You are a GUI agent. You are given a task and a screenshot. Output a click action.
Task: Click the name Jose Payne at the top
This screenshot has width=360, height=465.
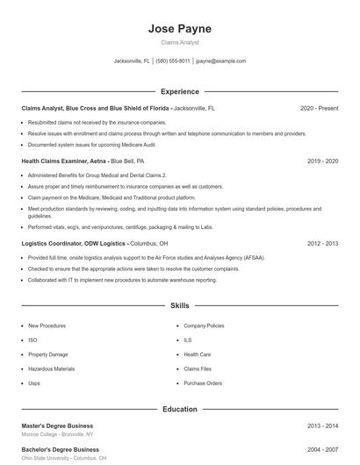[180, 29]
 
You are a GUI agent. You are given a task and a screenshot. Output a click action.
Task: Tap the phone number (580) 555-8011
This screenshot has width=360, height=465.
[174, 61]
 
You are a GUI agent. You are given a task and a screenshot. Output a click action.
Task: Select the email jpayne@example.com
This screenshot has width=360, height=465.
[220, 61]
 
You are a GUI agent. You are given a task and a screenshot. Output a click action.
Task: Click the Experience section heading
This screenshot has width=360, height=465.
[180, 91]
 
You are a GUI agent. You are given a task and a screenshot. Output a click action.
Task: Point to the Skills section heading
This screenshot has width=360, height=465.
[180, 306]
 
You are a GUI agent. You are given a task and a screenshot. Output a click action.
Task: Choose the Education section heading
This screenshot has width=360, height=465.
[180, 409]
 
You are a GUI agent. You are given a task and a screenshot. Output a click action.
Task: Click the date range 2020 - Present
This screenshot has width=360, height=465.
[319, 108]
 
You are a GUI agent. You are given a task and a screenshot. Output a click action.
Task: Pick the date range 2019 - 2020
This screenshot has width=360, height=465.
[322, 161]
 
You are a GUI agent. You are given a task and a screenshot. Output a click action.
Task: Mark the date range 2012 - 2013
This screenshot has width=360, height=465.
[322, 242]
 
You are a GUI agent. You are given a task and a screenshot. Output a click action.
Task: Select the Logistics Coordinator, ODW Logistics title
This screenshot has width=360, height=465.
[74, 242]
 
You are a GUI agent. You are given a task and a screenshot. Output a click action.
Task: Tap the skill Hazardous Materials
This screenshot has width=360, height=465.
[52, 369]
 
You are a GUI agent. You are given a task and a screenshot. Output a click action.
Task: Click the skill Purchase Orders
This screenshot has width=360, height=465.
[203, 383]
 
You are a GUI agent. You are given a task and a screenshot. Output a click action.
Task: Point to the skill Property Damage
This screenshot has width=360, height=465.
[48, 354]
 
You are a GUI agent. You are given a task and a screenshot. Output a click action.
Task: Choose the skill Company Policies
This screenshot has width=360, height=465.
[204, 325]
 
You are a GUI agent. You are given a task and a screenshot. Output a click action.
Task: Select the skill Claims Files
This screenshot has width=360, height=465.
[198, 369]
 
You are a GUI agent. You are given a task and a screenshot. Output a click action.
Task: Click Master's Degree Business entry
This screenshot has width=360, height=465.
[57, 426]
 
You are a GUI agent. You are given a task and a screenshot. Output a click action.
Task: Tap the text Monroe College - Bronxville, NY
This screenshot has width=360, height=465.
[57, 435]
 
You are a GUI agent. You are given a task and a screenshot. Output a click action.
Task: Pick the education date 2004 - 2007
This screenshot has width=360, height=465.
[322, 449]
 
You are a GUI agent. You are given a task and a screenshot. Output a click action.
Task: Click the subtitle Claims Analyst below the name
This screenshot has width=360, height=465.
[180, 42]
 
